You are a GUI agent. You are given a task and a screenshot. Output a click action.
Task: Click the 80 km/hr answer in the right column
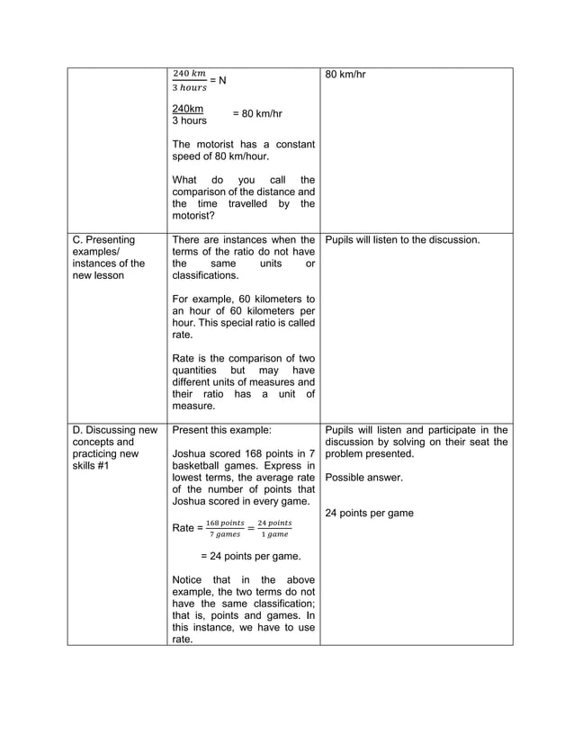pyautogui.click(x=345, y=75)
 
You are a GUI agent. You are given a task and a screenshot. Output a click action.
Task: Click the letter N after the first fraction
pyautogui.click(x=222, y=80)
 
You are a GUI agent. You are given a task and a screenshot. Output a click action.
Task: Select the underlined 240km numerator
pyautogui.click(x=187, y=108)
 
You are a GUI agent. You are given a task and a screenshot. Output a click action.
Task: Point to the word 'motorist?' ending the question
pyautogui.click(x=193, y=216)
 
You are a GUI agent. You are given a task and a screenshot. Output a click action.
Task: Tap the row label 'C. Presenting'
pyautogui.click(x=103, y=240)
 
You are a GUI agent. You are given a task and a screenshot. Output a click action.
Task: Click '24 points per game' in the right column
pyautogui.click(x=369, y=514)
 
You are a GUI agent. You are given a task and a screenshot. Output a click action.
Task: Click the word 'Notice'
pyautogui.click(x=188, y=579)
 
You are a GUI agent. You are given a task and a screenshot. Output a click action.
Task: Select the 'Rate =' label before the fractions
pyautogui.click(x=186, y=528)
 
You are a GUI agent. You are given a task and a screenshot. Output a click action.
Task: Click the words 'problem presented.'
pyautogui.click(x=369, y=453)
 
